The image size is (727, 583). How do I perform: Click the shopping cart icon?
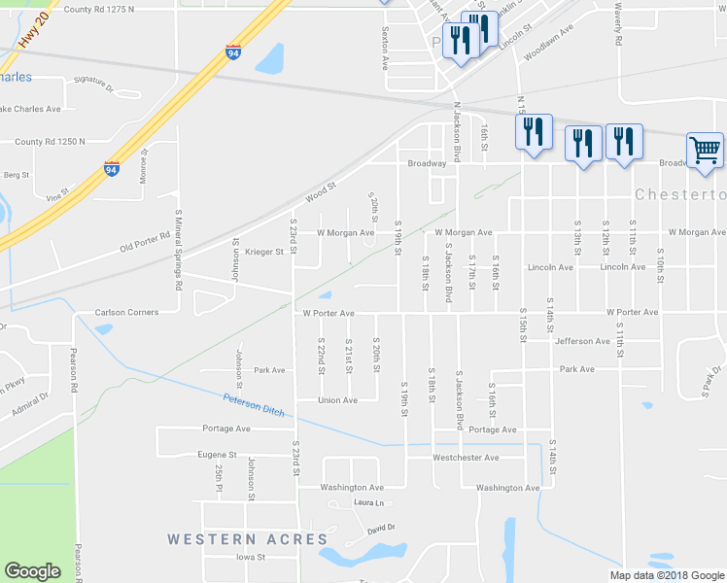[x=705, y=152]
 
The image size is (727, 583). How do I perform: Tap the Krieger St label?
[x=262, y=252]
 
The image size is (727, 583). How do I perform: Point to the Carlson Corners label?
[x=126, y=313]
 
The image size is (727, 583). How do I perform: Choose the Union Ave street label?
[x=338, y=400]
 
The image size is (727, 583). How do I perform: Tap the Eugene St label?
[x=217, y=454]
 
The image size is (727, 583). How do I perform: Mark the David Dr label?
[x=381, y=528]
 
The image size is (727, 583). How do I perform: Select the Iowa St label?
[x=251, y=558]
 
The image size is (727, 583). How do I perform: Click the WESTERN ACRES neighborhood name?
[x=247, y=538]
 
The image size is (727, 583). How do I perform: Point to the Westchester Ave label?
[x=466, y=458]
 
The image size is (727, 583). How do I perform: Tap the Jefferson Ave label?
[x=582, y=341]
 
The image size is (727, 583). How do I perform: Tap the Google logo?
[x=33, y=571]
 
